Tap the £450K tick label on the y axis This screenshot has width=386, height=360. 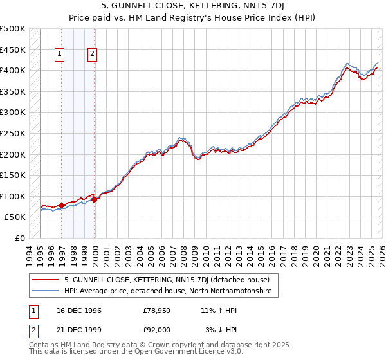[13, 50]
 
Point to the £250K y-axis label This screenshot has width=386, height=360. [13, 133]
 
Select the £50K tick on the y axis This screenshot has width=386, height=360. [15, 217]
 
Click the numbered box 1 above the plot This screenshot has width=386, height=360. [60, 55]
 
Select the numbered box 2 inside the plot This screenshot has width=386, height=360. [93, 55]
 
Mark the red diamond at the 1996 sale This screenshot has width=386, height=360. [62, 206]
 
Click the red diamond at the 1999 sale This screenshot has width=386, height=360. [95, 199]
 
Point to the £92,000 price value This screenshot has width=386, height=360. [156, 330]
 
